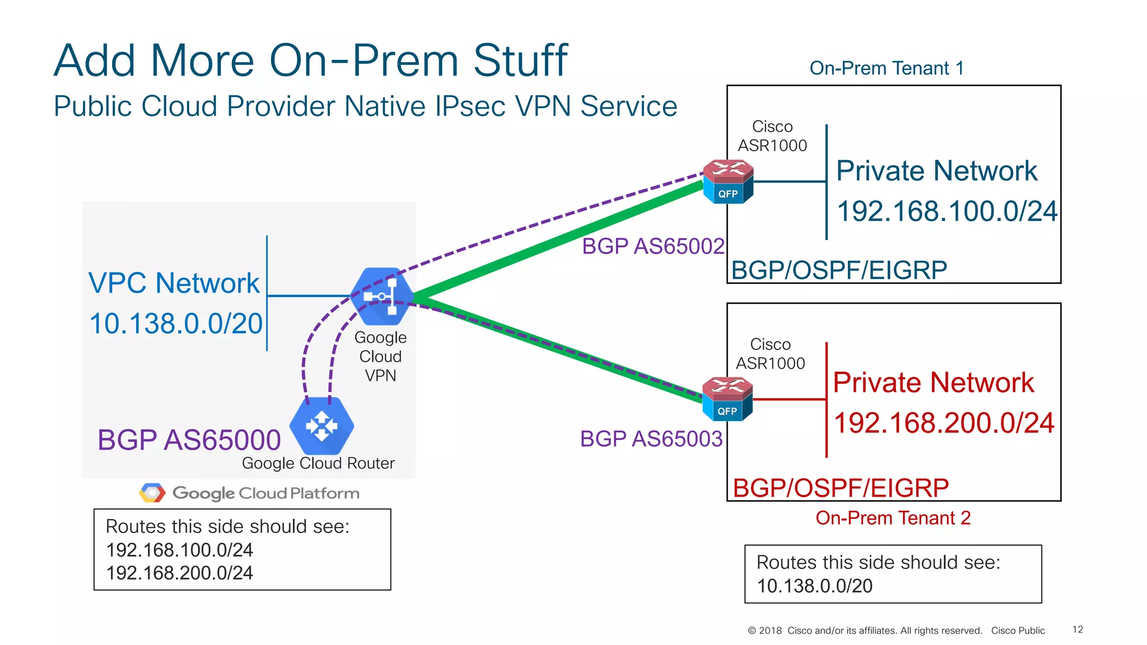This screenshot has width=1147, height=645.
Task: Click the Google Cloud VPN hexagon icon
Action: [x=382, y=296]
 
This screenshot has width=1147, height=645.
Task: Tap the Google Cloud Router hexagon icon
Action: [x=321, y=426]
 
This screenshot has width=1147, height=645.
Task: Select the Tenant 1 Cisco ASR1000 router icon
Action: [x=728, y=181]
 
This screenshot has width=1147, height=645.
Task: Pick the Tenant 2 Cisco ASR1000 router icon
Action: [x=727, y=399]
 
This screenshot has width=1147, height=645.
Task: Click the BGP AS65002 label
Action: [x=653, y=246]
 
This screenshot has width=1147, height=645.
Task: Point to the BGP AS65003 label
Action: [x=651, y=439]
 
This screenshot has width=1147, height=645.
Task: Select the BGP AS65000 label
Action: [x=189, y=440]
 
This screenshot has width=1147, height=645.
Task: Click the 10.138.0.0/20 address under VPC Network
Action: [x=176, y=324]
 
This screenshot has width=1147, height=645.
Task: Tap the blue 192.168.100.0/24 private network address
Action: [x=946, y=212]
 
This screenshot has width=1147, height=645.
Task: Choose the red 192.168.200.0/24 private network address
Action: [x=944, y=423]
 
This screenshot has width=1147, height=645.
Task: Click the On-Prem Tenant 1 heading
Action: [x=887, y=68]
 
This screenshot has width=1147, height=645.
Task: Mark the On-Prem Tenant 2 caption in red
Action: [x=893, y=518]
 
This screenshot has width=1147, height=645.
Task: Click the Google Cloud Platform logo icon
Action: [x=152, y=493]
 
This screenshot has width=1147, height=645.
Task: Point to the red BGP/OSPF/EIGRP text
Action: [x=841, y=488]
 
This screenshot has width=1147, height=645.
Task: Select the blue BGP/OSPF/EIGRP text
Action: [x=839, y=270]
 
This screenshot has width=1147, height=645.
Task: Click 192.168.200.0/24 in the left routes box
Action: [x=179, y=573]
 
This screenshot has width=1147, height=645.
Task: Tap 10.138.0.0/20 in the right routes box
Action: [x=814, y=586]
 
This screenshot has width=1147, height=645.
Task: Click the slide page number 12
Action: [x=1078, y=629]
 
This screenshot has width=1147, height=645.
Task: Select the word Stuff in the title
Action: [x=520, y=60]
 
